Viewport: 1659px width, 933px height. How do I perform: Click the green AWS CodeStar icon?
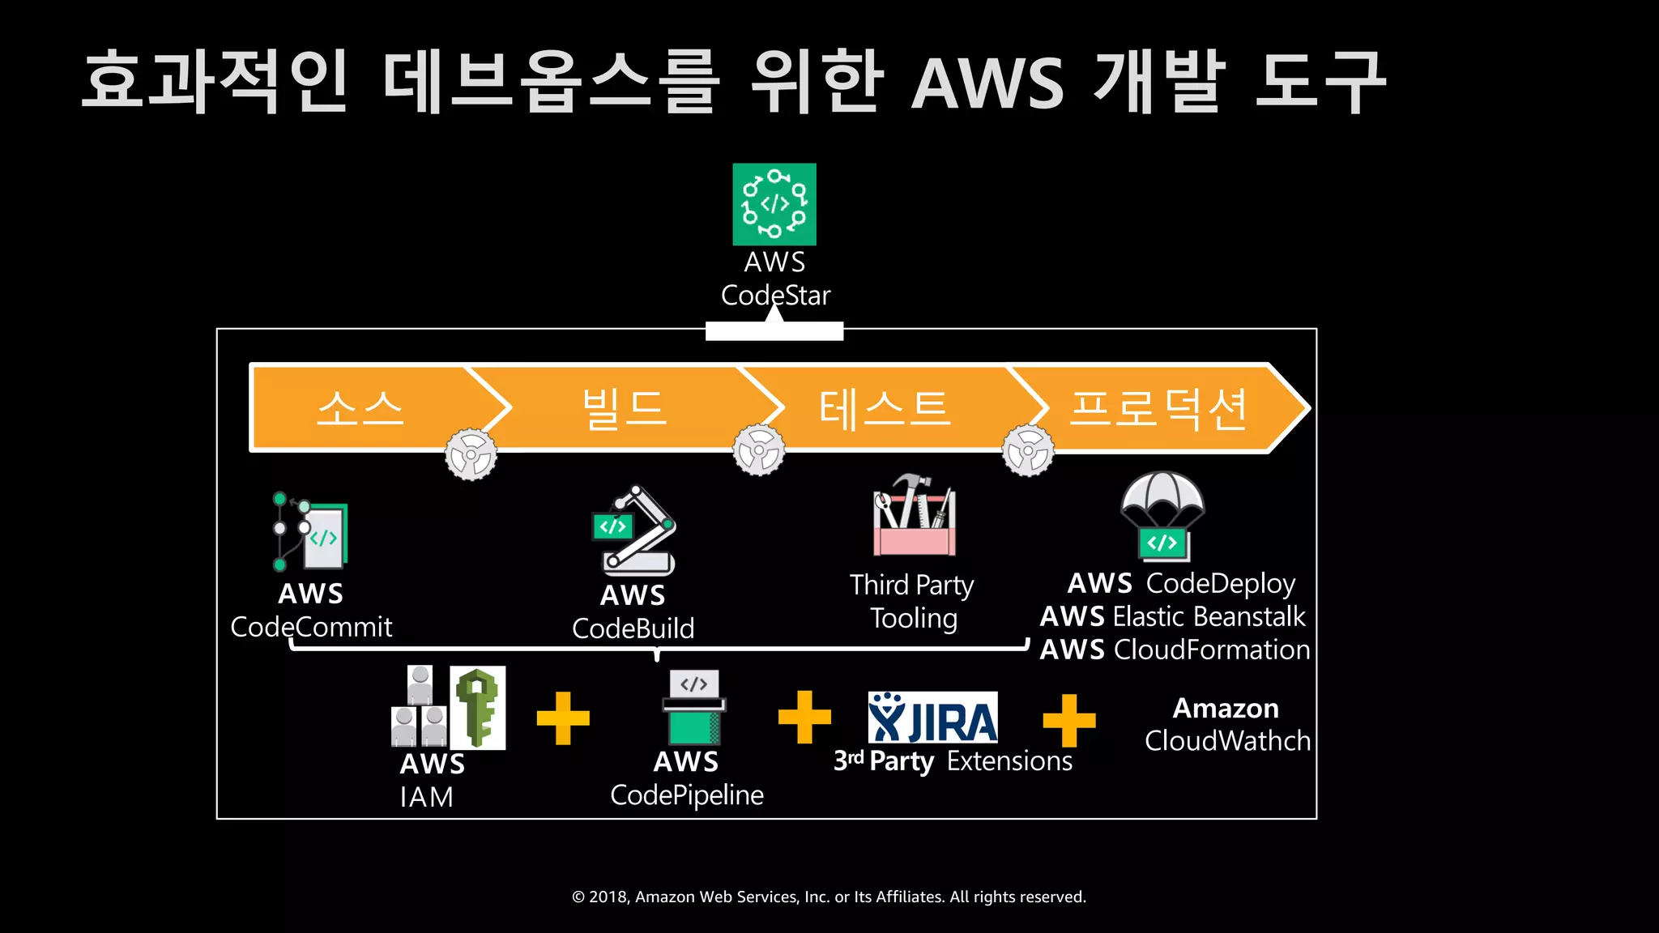(x=774, y=204)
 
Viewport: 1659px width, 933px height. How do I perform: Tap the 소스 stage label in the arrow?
(x=360, y=407)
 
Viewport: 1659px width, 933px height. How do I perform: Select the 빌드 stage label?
(x=625, y=407)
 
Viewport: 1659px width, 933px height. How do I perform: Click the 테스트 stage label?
(x=884, y=407)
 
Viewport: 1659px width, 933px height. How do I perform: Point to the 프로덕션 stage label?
(x=1158, y=407)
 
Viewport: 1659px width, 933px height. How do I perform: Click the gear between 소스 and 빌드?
(x=471, y=454)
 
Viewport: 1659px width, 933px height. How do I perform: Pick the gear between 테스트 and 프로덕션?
(x=1028, y=450)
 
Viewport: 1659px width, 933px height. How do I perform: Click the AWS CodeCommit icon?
(x=311, y=531)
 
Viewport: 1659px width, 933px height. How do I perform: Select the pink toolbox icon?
(x=915, y=516)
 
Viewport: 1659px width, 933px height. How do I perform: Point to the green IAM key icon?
(x=478, y=707)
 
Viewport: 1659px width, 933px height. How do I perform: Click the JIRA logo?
(x=932, y=718)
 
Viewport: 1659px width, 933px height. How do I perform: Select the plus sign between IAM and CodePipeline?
(x=563, y=718)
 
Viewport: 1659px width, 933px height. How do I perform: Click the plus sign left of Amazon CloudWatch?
(x=1068, y=720)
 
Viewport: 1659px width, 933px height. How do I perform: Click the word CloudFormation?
(x=1211, y=650)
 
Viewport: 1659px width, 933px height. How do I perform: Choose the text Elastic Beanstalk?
(x=1209, y=616)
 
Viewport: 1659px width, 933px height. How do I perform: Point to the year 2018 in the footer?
(x=608, y=897)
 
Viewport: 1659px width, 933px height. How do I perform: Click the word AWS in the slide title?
(x=987, y=83)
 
